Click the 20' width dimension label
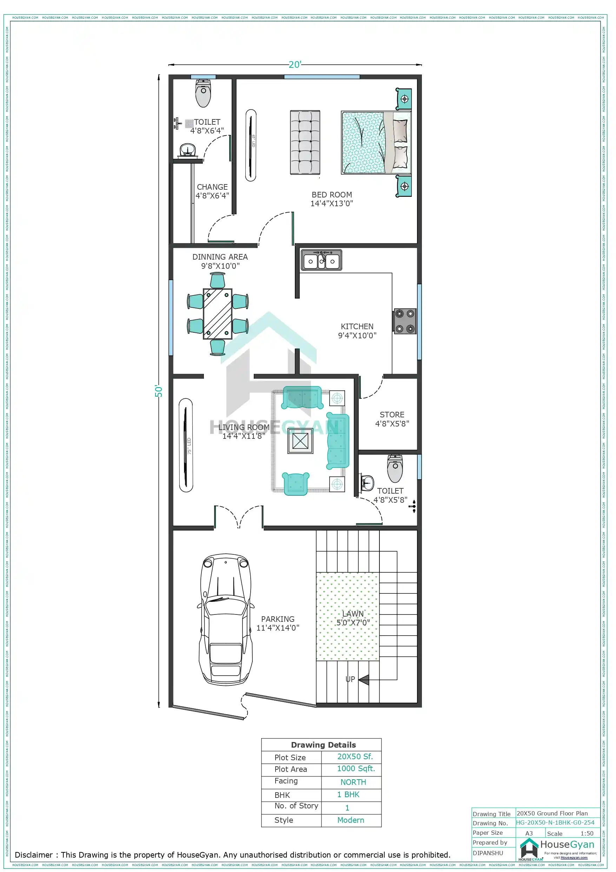295,65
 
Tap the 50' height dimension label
159,391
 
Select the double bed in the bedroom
376,142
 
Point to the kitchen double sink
322,261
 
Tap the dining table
218,314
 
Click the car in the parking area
225,619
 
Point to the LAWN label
353,614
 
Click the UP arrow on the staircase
363,679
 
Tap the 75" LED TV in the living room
186,445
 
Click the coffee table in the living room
300,441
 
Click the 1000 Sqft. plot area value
356,769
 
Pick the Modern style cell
350,820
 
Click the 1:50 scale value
587,833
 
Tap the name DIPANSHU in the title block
488,853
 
